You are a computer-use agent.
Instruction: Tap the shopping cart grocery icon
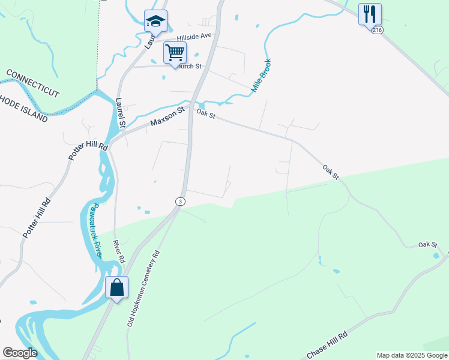click(x=175, y=52)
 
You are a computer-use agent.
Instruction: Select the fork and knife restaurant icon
click(x=370, y=14)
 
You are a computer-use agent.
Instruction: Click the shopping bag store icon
click(x=117, y=287)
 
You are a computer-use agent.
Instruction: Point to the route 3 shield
click(x=179, y=201)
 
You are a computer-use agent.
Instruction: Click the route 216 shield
click(x=376, y=29)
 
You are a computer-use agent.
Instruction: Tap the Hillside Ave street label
click(x=194, y=36)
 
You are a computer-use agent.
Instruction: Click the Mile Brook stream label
click(x=261, y=76)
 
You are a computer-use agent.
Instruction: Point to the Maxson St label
click(x=166, y=116)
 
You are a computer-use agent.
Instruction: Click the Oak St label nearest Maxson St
click(x=205, y=113)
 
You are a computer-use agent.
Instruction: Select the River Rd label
click(x=119, y=252)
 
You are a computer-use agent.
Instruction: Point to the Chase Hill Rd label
click(x=328, y=347)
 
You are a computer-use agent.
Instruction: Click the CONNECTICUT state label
click(x=32, y=83)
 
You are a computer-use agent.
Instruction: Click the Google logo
click(x=20, y=353)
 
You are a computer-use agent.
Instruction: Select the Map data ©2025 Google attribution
click(x=412, y=355)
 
